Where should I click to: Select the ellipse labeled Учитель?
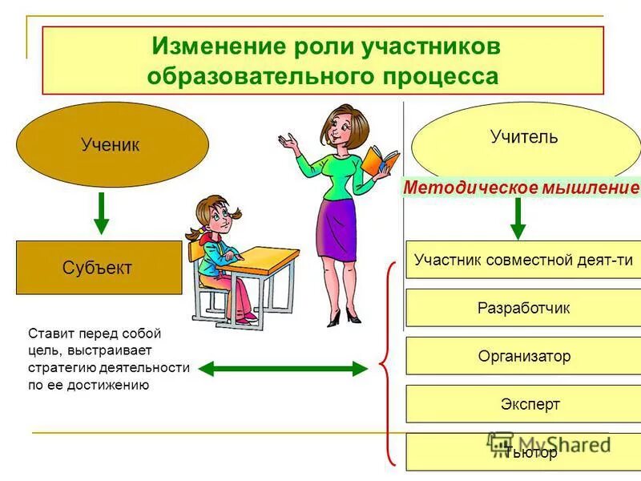(x=525, y=138)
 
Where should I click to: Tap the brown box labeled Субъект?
(x=99, y=268)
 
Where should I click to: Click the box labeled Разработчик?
(x=523, y=308)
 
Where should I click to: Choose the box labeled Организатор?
(x=523, y=356)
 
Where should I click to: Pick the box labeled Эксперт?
(x=523, y=404)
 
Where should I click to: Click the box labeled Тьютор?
(x=523, y=452)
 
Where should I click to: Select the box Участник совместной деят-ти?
(x=523, y=260)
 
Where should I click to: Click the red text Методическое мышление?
(x=521, y=188)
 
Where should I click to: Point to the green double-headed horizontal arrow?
(x=281, y=369)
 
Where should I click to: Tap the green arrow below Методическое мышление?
(x=518, y=218)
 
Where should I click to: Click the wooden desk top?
(x=264, y=260)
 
